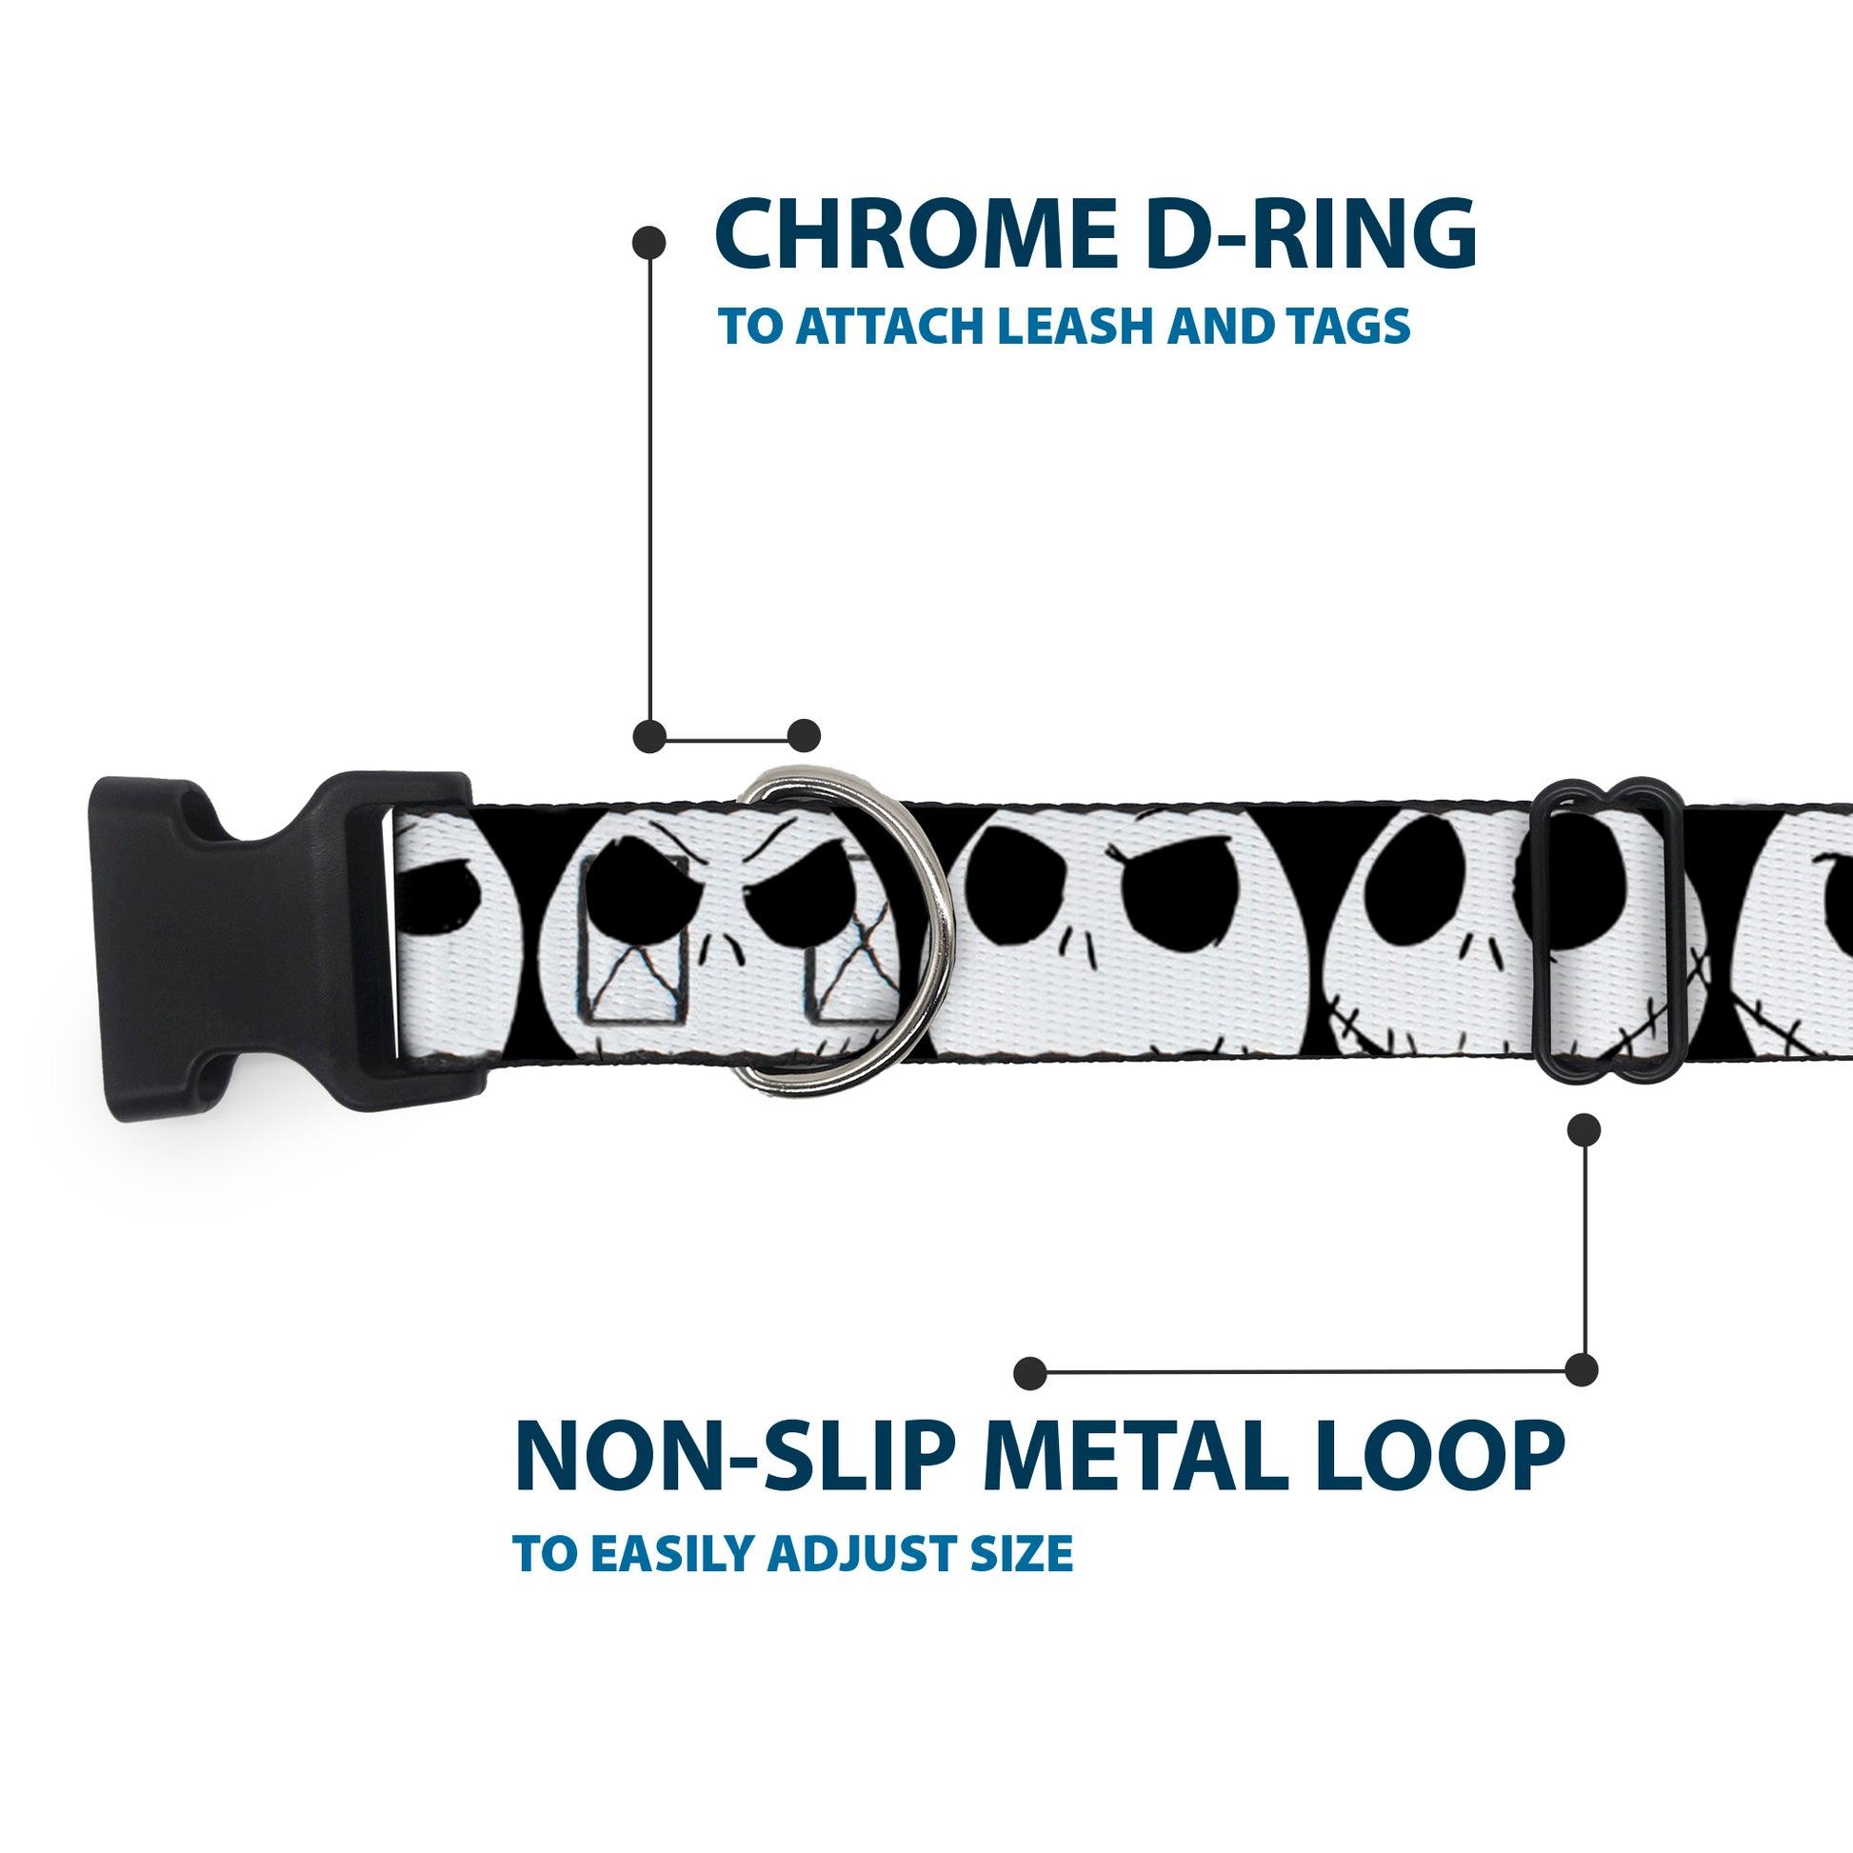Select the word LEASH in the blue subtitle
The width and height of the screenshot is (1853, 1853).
pyautogui.click(x=1079, y=328)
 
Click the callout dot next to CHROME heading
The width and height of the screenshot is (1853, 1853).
pyautogui.click(x=649, y=243)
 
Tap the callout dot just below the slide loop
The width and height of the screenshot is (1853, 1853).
pyautogui.click(x=1584, y=1131)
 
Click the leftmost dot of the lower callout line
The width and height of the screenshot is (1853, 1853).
pyautogui.click(x=1029, y=1372)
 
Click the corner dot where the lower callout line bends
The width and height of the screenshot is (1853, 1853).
pyautogui.click(x=1582, y=1370)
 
